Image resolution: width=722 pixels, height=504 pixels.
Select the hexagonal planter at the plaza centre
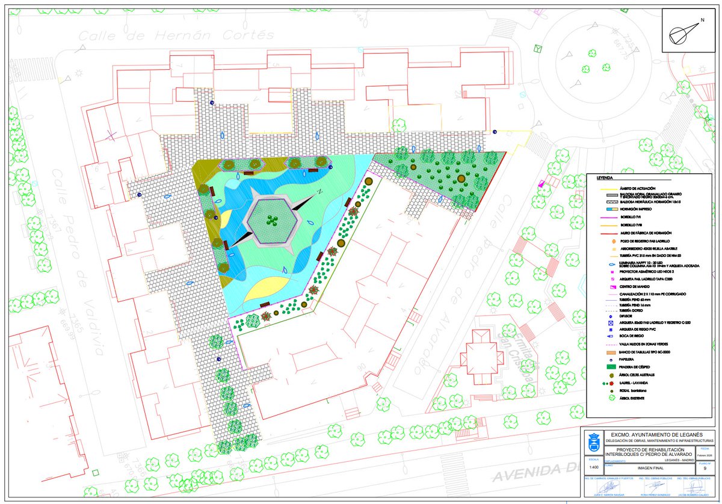coord(274,221)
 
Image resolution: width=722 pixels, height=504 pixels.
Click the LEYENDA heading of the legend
coord(605,179)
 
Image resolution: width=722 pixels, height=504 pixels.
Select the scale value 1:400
coord(594,467)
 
